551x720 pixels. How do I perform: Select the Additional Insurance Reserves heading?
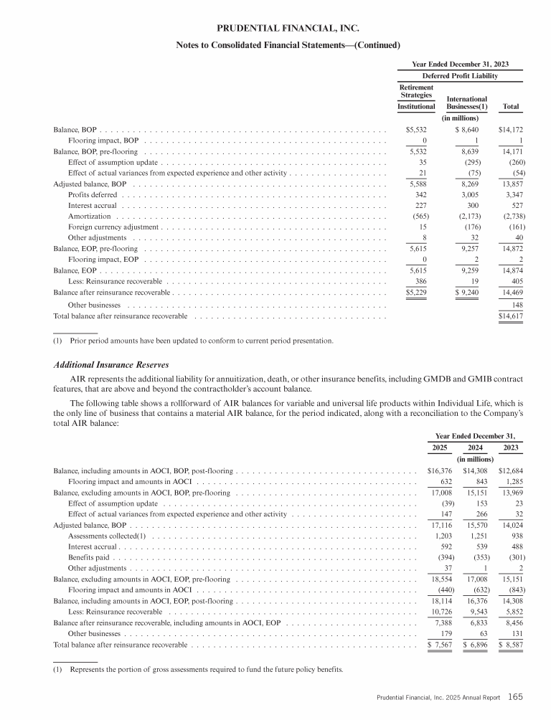click(111, 365)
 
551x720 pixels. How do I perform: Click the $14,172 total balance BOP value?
click(509, 130)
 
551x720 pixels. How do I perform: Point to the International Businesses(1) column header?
click(466, 103)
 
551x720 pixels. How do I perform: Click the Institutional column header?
click(416, 107)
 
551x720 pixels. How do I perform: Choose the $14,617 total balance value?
click(509, 316)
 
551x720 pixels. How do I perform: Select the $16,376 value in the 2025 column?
click(434, 471)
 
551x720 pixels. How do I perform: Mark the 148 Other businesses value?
click(514, 304)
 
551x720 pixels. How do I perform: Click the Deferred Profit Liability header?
click(459, 75)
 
